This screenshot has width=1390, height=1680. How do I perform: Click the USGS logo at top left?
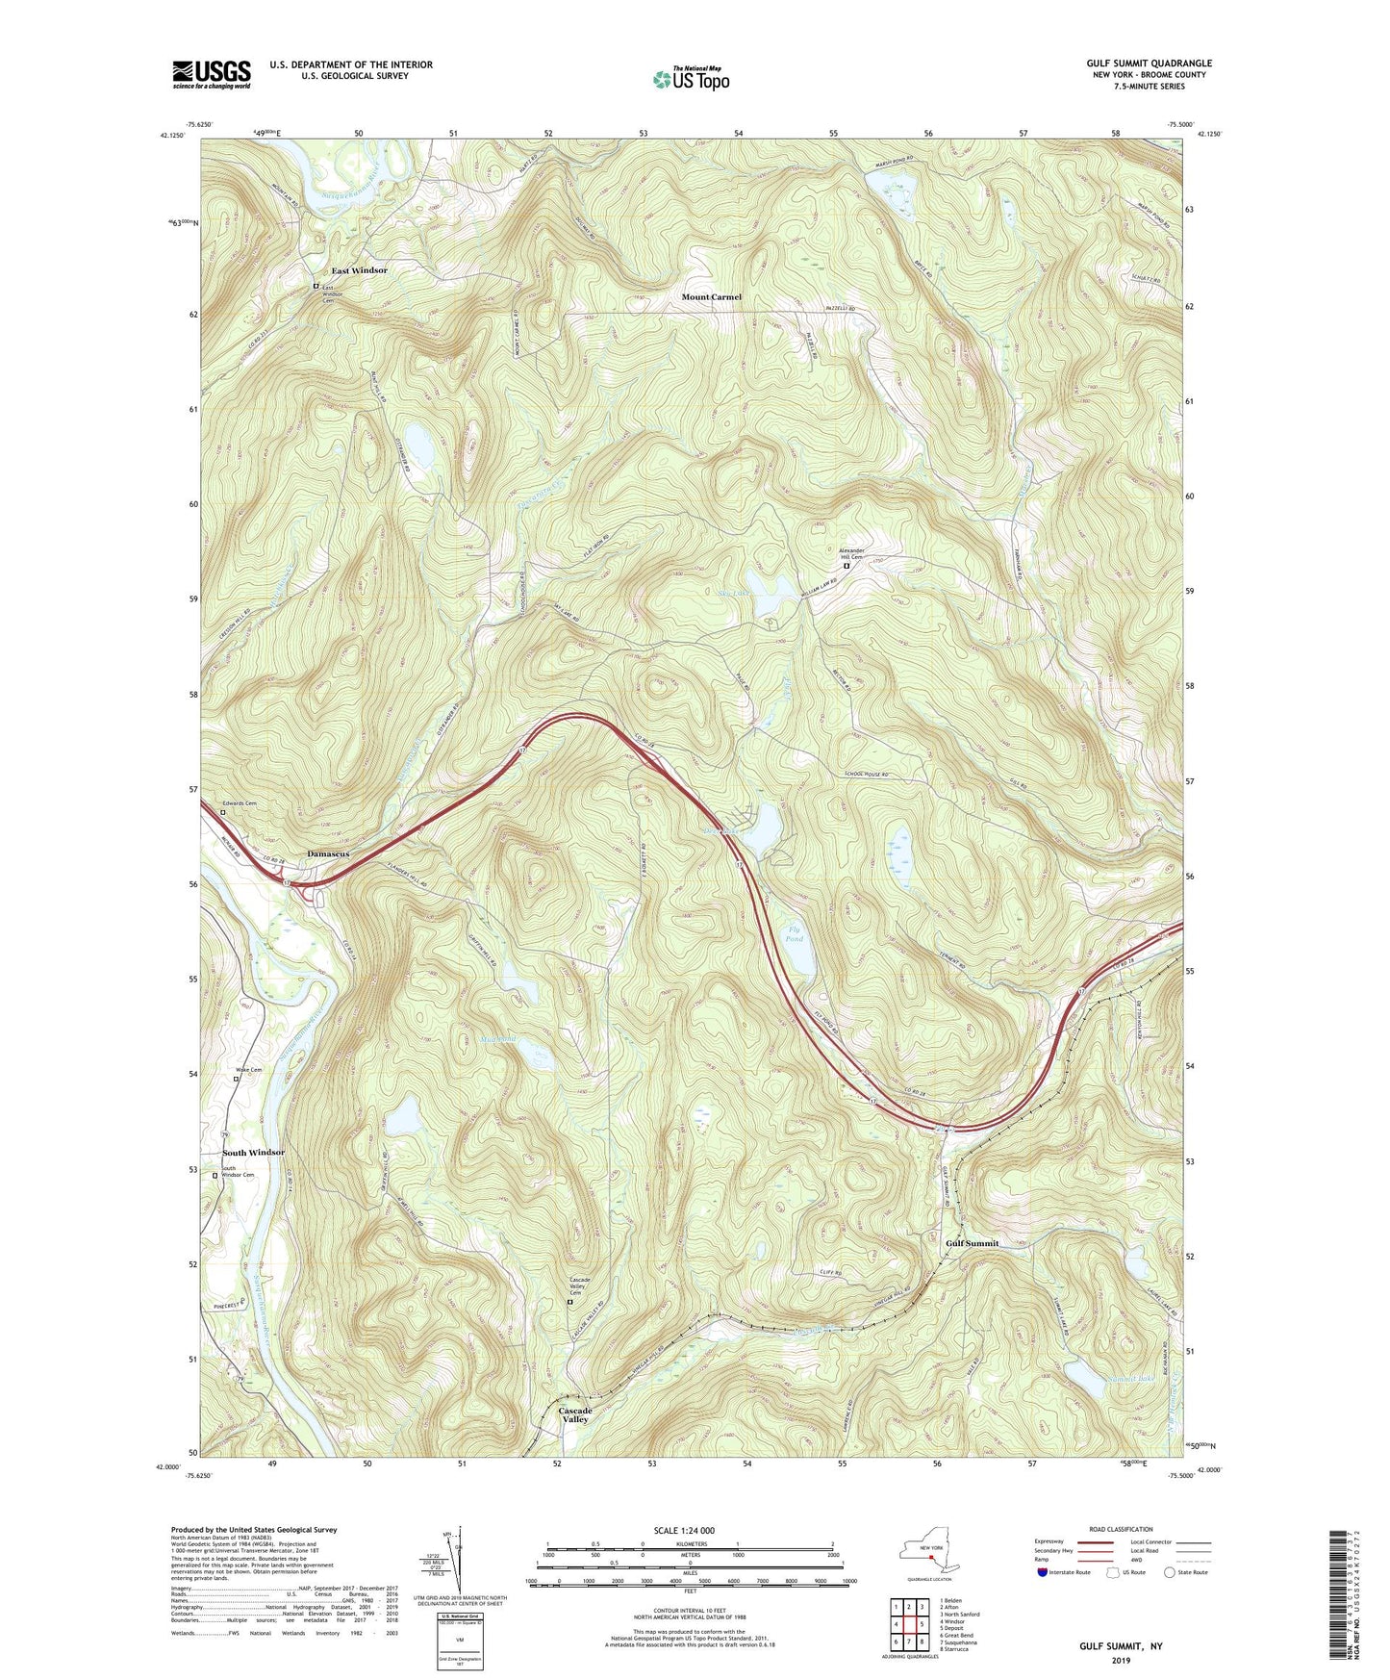[x=211, y=74]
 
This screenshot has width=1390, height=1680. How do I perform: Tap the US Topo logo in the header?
[x=690, y=80]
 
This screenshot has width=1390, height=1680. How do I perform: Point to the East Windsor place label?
[x=359, y=270]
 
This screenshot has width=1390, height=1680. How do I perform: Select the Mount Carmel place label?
[x=711, y=297]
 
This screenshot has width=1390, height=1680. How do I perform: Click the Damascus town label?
[x=328, y=853]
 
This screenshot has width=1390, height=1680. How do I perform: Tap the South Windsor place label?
[x=253, y=1152]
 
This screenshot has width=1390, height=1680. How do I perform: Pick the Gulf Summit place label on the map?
[x=972, y=1243]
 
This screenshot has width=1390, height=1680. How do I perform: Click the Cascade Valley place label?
[x=575, y=1414]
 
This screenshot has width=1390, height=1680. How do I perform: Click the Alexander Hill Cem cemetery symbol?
[x=847, y=567]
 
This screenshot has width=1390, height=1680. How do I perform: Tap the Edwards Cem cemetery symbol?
[x=223, y=812]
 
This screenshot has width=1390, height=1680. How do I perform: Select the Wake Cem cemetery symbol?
[x=237, y=1079]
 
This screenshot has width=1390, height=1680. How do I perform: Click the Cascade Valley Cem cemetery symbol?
[x=569, y=1302]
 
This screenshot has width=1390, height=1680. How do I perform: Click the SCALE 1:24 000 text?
[x=683, y=1530]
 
